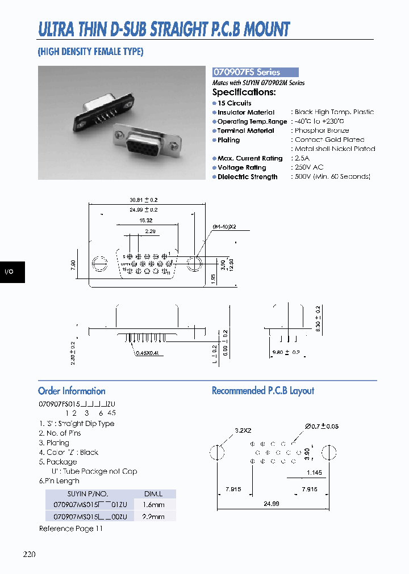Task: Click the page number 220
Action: pyautogui.click(x=29, y=554)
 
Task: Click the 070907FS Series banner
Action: pyautogui.click(x=255, y=73)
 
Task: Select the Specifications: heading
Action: pyautogui.click(x=244, y=92)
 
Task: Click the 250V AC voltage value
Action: pyautogui.click(x=309, y=167)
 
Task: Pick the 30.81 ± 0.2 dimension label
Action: pyautogui.click(x=143, y=200)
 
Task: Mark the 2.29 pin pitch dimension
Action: pyautogui.click(x=150, y=231)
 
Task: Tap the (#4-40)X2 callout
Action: pyautogui.click(x=224, y=226)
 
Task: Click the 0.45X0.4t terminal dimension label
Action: pyautogui.click(x=149, y=353)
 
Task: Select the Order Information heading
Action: pyautogui.click(x=72, y=391)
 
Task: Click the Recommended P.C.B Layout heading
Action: pyautogui.click(x=262, y=391)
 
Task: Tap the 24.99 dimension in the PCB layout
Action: pyautogui.click(x=271, y=503)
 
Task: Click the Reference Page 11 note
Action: pyautogui.click(x=71, y=529)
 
